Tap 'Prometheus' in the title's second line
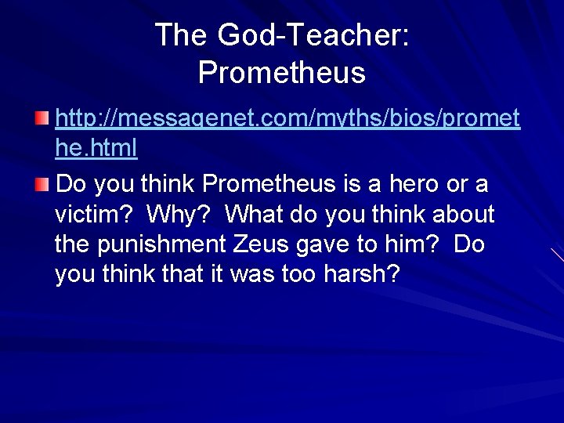pyautogui.click(x=282, y=72)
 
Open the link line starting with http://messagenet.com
pyautogui.click(x=288, y=120)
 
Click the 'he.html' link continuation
pyautogui.click(x=96, y=147)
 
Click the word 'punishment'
pyautogui.click(x=162, y=244)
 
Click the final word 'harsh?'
pyautogui.click(x=367, y=275)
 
